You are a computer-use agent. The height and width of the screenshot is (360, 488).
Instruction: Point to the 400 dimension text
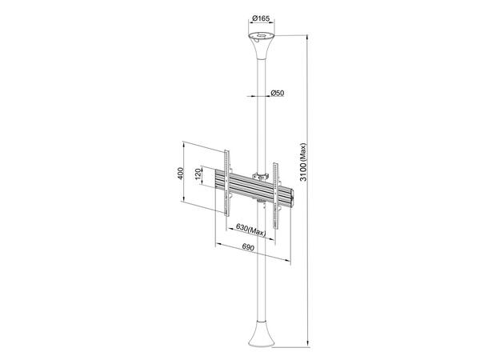(x=181, y=173)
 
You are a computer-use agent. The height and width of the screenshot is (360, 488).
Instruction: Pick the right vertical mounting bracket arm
(x=277, y=191)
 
